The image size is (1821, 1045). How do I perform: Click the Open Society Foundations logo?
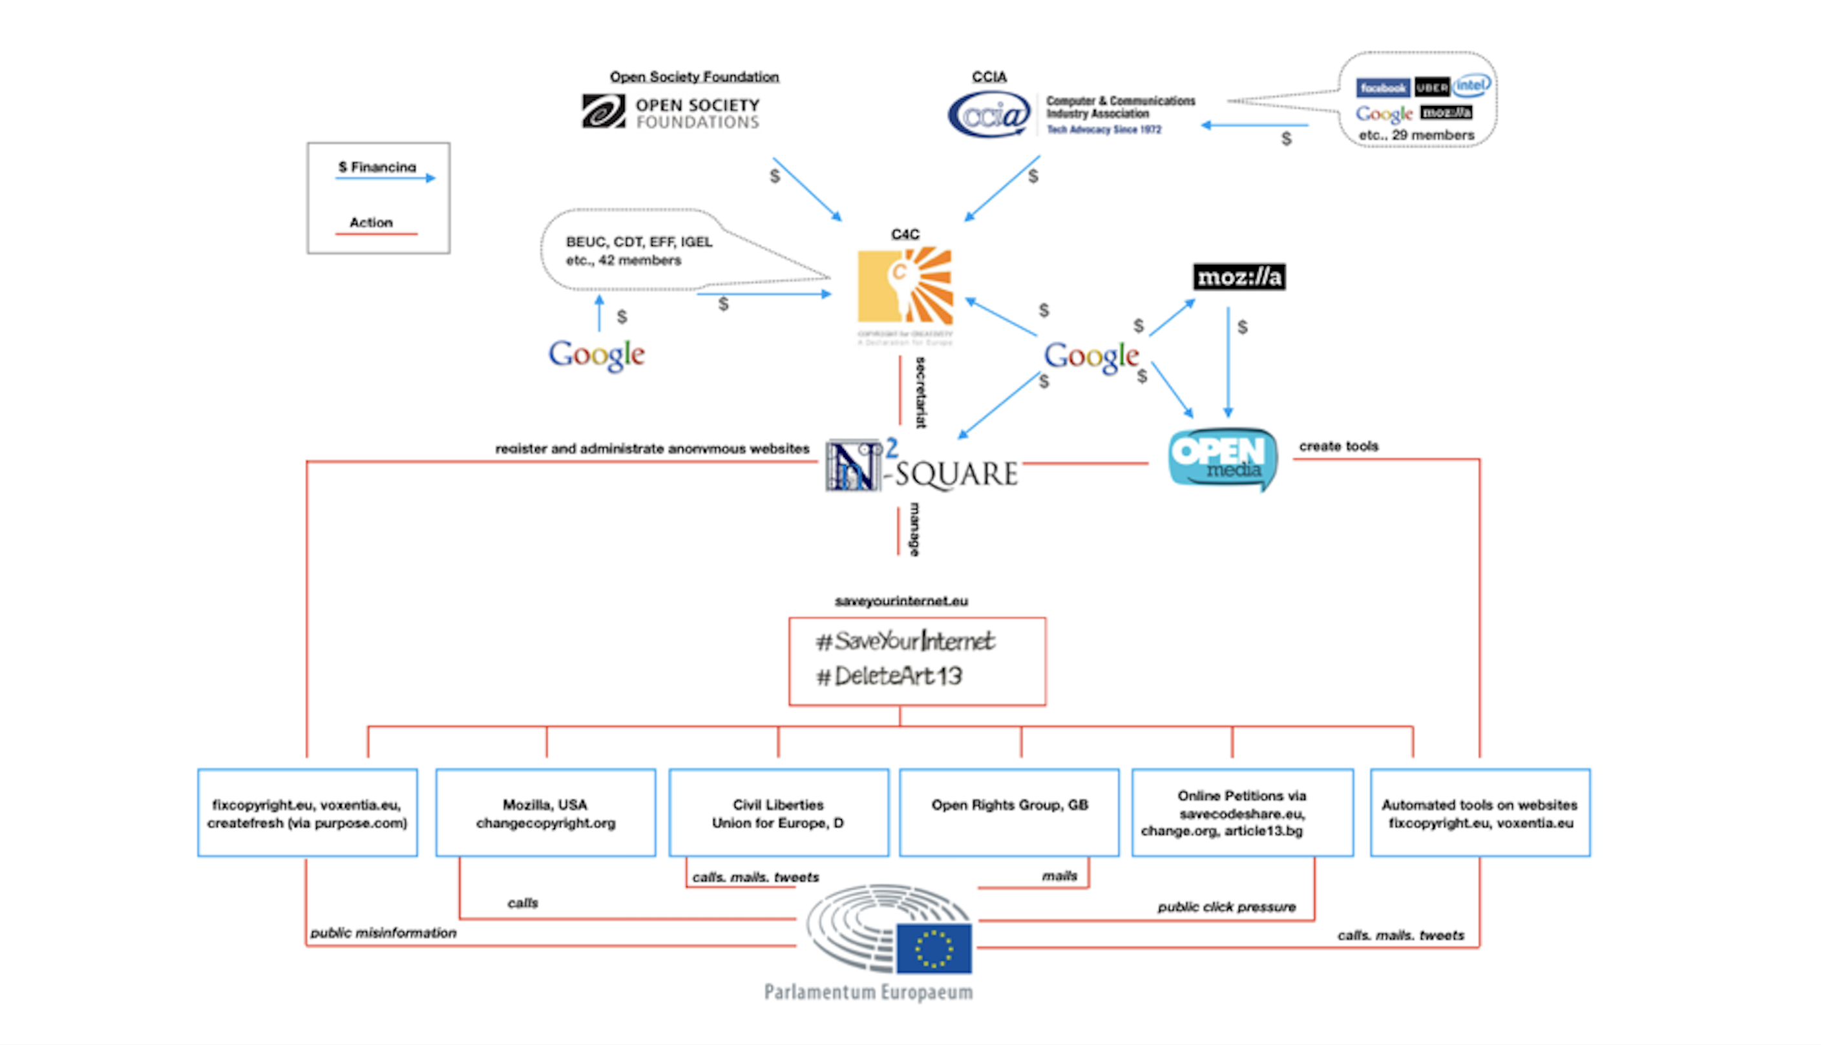click(x=671, y=112)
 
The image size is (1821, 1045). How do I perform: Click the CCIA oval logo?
click(x=989, y=115)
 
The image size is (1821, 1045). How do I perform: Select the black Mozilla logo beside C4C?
click(x=1239, y=277)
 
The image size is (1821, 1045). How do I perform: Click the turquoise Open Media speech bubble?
click(x=1223, y=459)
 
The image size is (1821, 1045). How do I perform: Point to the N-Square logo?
click(x=922, y=467)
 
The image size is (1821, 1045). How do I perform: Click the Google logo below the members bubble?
click(x=596, y=355)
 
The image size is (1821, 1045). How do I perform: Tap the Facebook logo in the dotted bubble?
click(x=1383, y=88)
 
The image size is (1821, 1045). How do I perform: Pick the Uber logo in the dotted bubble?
click(x=1432, y=88)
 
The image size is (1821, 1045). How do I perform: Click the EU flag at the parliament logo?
click(x=934, y=949)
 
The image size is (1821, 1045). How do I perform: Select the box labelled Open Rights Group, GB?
click(x=1009, y=812)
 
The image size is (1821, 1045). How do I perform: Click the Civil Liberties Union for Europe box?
click(x=779, y=812)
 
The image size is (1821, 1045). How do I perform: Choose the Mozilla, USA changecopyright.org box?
click(x=546, y=812)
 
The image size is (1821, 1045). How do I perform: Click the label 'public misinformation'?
click(x=383, y=933)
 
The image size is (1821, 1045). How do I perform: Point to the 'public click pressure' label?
click(x=1226, y=907)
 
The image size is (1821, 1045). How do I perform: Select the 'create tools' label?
click(x=1338, y=446)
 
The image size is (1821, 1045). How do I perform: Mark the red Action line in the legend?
click(x=375, y=234)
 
